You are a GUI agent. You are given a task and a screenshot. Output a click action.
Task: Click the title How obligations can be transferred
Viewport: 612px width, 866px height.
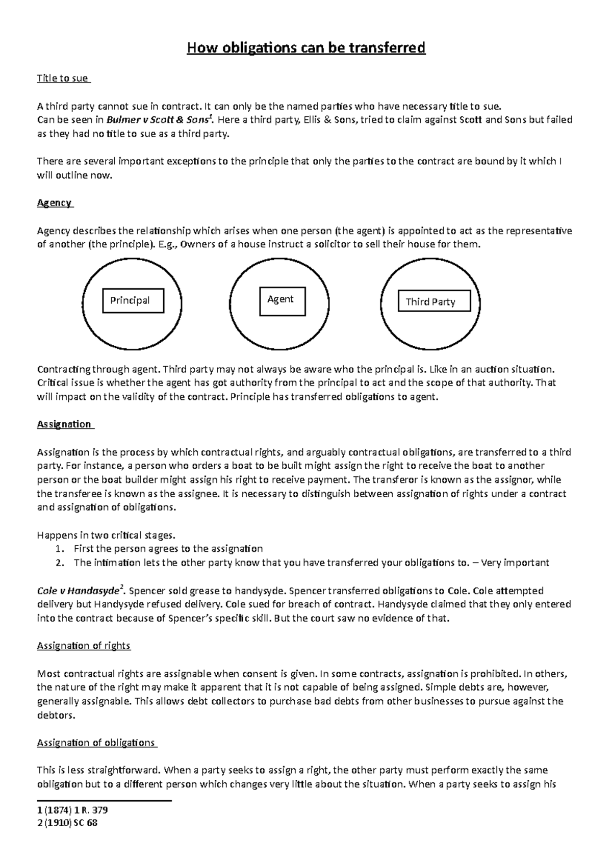[306, 48]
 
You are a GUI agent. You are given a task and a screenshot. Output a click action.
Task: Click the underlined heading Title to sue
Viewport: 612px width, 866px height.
[63, 79]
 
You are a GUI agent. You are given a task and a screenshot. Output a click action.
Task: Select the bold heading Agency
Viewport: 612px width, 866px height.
[55, 203]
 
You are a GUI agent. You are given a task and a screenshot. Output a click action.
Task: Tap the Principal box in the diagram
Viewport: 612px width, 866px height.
[133, 300]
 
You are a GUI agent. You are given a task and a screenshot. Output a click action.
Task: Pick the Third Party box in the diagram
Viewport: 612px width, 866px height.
[434, 302]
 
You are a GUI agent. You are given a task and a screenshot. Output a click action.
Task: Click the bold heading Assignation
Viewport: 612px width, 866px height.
[65, 424]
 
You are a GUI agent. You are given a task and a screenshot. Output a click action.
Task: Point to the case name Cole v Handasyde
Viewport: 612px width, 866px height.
[80, 591]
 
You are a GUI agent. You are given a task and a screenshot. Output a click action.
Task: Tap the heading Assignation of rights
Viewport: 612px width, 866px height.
[84, 646]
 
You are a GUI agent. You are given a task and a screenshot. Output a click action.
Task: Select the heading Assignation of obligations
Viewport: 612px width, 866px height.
[96, 743]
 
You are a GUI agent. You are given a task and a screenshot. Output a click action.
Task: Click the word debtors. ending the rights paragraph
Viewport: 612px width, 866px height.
[56, 715]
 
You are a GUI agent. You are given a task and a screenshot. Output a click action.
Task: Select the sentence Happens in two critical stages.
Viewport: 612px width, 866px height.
[106, 536]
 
